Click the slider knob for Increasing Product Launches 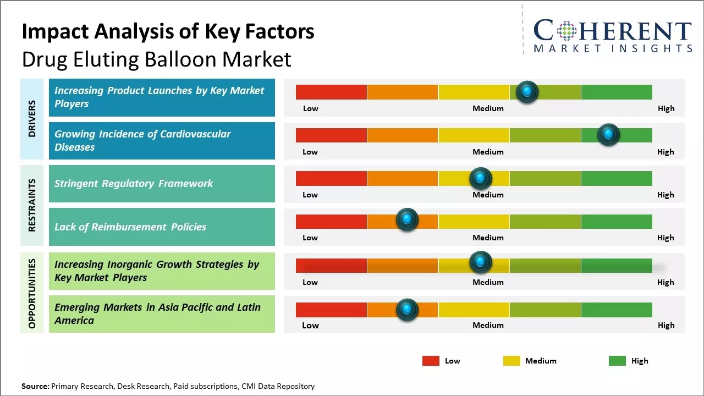point(527,92)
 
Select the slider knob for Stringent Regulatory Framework point(481,178)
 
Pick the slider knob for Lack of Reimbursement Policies point(407,220)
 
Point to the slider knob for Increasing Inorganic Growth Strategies point(481,262)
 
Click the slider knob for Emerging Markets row point(407,310)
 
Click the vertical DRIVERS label point(32,119)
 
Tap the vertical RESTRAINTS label point(32,205)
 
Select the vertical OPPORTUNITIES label point(32,293)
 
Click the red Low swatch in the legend point(431,361)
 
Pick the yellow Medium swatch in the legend point(512,361)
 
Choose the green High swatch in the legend point(617,361)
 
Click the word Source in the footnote point(35,386)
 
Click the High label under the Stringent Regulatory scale point(665,195)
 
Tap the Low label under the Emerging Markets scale point(310,326)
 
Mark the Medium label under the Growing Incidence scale point(488,152)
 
